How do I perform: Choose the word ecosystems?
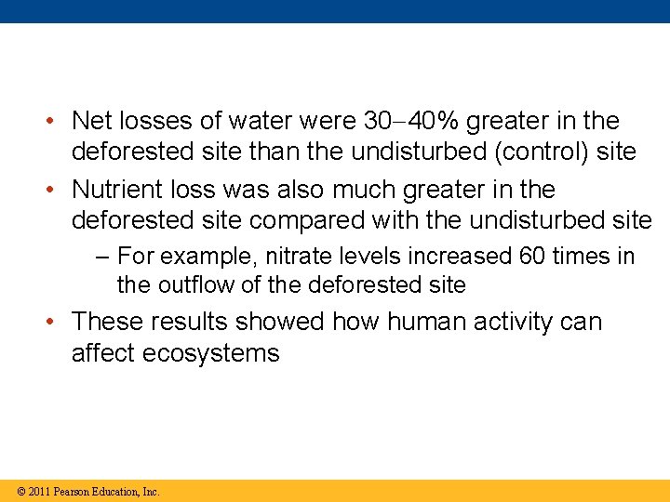coord(211,353)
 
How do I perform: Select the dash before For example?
coord(103,257)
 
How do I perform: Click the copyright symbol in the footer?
coord(20,491)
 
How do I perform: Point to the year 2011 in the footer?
coord(39,491)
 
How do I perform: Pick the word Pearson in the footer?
coord(72,491)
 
